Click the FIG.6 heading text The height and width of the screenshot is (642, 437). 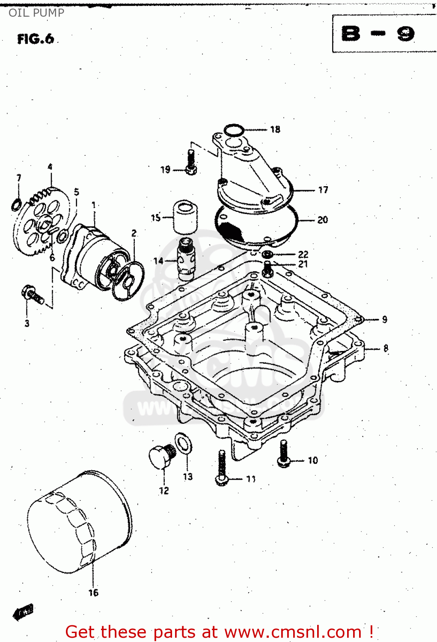[36, 39]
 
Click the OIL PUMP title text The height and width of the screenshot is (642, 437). [36, 13]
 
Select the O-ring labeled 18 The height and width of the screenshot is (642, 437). [234, 130]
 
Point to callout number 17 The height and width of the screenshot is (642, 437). [323, 190]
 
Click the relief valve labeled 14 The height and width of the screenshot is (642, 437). [186, 259]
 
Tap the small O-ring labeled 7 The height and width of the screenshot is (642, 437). [16, 205]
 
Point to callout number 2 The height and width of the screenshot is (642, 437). [134, 233]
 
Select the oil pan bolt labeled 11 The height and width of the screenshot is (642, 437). [221, 467]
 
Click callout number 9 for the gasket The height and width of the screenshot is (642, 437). [384, 319]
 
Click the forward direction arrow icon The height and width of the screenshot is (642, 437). [24, 612]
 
